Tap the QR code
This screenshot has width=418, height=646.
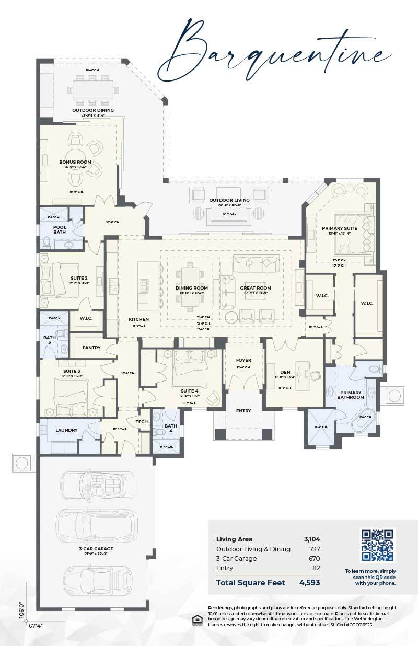pyautogui.click(x=377, y=545)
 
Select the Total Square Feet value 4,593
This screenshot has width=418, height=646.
pyautogui.click(x=309, y=582)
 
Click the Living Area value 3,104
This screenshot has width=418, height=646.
pyautogui.click(x=312, y=539)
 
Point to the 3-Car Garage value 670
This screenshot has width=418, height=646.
pyautogui.click(x=314, y=558)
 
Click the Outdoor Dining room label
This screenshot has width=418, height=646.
pyautogui.click(x=93, y=110)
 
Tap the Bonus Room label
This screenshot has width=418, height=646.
pyautogui.click(x=75, y=162)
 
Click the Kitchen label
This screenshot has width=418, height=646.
pyautogui.click(x=139, y=319)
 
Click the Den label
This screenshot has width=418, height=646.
pyautogui.click(x=285, y=372)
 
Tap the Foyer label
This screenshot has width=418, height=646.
pyautogui.click(x=243, y=360)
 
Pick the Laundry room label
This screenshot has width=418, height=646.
pyautogui.click(x=66, y=430)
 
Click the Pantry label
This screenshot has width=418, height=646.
pyautogui.click(x=91, y=348)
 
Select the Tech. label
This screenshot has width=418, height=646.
pyautogui.click(x=142, y=421)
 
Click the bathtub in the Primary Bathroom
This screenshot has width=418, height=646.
pyautogui.click(x=367, y=422)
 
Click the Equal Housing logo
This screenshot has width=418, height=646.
pyautogui.click(x=198, y=620)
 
